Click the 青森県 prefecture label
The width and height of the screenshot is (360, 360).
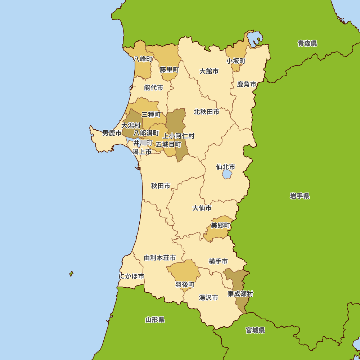307,44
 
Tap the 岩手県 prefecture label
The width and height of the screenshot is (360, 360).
300,196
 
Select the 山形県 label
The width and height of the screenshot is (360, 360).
155,320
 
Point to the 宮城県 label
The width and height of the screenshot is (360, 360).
255,330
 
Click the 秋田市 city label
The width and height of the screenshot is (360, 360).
161,186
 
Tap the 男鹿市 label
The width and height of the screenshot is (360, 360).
112,133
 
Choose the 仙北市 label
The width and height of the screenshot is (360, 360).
225,167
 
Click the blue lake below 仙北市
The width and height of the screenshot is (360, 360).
227,175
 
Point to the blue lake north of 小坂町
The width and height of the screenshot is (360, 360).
255,38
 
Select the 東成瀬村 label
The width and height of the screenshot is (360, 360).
240,294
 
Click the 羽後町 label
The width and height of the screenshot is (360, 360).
185,285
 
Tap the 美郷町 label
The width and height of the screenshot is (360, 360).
220,225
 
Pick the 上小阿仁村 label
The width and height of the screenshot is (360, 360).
179,136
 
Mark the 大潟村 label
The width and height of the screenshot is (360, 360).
131,126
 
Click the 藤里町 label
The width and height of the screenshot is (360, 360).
169,70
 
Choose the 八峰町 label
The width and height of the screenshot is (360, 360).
143,59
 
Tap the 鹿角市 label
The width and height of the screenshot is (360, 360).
247,85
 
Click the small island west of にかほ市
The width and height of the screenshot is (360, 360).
71,274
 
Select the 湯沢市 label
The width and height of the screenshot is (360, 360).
208,298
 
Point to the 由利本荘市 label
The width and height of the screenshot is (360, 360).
160,258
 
